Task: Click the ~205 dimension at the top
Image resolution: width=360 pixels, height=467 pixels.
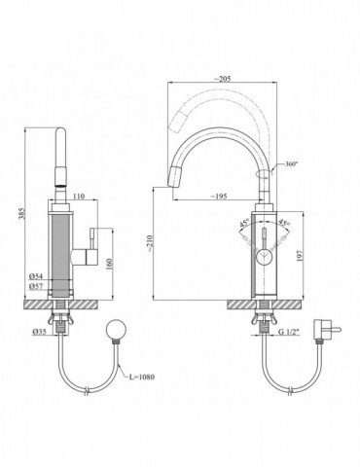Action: pos(222,79)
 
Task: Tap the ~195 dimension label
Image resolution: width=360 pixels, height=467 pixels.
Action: pos(219,197)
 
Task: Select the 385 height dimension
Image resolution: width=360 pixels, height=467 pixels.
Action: pos(21,213)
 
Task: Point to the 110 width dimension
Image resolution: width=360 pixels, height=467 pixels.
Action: pos(79,196)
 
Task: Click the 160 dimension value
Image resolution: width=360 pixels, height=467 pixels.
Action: pos(109,264)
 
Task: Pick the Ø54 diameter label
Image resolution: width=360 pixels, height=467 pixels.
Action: pos(36,276)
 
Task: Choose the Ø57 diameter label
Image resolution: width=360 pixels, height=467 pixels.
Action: pos(36,286)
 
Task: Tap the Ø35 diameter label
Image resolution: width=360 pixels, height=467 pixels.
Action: pos(39,332)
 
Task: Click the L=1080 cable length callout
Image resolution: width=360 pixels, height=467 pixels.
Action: pos(142,377)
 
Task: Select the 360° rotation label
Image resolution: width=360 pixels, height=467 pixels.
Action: pos(291,163)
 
